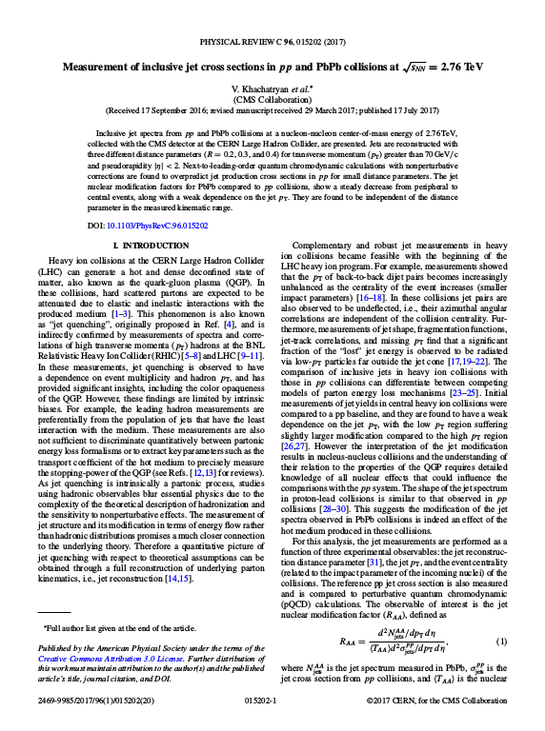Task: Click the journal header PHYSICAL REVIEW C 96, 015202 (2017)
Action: (272, 44)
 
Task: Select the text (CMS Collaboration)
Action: (272, 99)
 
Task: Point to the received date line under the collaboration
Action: (272, 110)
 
